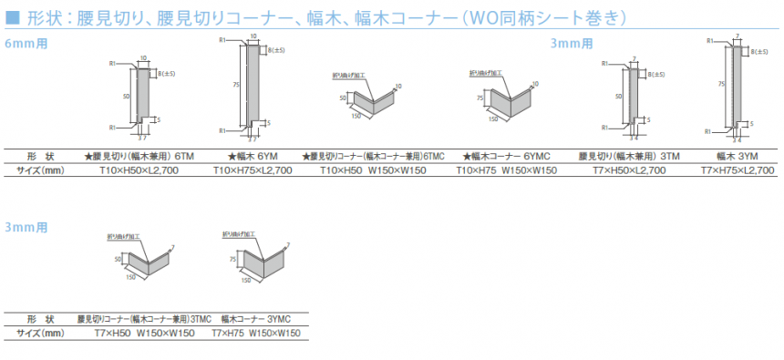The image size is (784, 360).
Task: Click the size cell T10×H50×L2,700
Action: (139, 170)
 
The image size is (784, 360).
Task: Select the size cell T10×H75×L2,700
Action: (253, 170)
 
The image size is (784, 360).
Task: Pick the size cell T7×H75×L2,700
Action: (738, 170)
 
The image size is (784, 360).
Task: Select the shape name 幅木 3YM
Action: (738, 156)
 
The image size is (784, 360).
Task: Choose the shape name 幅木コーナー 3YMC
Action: (255, 319)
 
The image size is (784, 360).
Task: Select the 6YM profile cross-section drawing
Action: (253, 82)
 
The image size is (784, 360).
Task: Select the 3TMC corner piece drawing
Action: (146, 260)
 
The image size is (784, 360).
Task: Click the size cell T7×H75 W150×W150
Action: (255, 334)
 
